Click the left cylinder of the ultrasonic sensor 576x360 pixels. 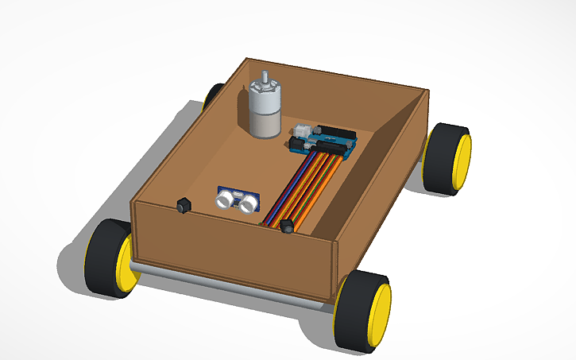[x=226, y=200]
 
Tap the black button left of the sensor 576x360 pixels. [x=184, y=205]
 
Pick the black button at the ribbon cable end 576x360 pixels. [x=287, y=227]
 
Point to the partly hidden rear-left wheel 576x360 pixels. [x=213, y=95]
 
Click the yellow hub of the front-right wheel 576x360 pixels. [x=380, y=313]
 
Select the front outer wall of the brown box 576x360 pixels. [x=230, y=246]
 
